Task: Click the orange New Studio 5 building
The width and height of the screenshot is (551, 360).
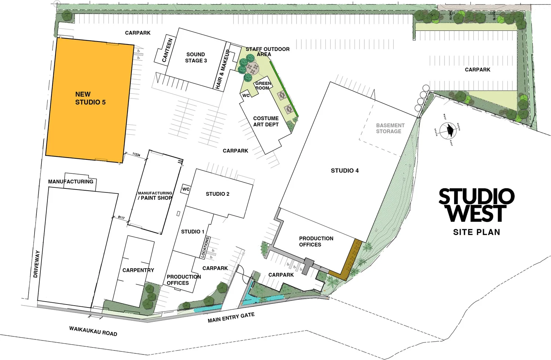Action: click(90, 99)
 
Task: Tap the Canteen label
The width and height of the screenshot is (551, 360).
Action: click(167, 50)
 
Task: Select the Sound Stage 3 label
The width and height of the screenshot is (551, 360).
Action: click(196, 58)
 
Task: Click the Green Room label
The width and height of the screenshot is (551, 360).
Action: click(263, 86)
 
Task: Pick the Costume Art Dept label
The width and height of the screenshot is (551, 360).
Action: click(266, 122)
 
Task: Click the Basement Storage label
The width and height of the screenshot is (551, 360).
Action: click(390, 128)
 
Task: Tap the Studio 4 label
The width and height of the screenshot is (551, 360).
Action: click(345, 170)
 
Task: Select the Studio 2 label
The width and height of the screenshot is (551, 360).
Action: click(217, 194)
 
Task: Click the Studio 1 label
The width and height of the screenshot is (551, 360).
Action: click(193, 232)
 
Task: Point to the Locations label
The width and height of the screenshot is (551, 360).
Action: click(205, 247)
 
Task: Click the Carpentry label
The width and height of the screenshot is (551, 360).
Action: click(138, 270)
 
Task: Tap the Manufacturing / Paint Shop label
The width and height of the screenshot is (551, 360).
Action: click(155, 196)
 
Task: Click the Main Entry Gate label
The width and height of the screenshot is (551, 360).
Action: click(231, 318)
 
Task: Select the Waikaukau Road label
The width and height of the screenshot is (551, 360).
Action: click(93, 331)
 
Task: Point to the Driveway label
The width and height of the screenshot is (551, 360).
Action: click(36, 264)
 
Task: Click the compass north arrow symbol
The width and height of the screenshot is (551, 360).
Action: click(449, 130)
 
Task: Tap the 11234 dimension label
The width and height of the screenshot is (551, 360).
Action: click(136, 155)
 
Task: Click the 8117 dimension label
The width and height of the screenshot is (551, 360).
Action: click(121, 218)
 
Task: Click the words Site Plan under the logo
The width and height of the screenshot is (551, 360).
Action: click(476, 232)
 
